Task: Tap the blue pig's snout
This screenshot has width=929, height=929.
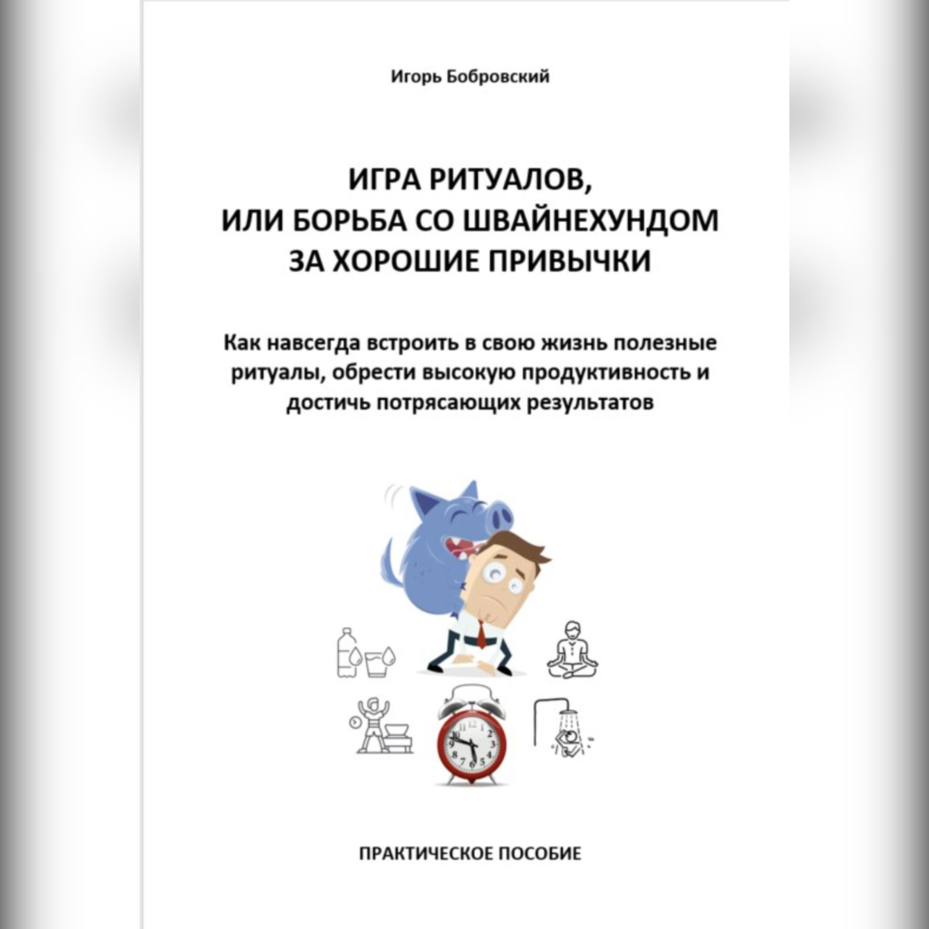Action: pos(499,513)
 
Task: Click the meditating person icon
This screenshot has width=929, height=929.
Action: pos(572,650)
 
